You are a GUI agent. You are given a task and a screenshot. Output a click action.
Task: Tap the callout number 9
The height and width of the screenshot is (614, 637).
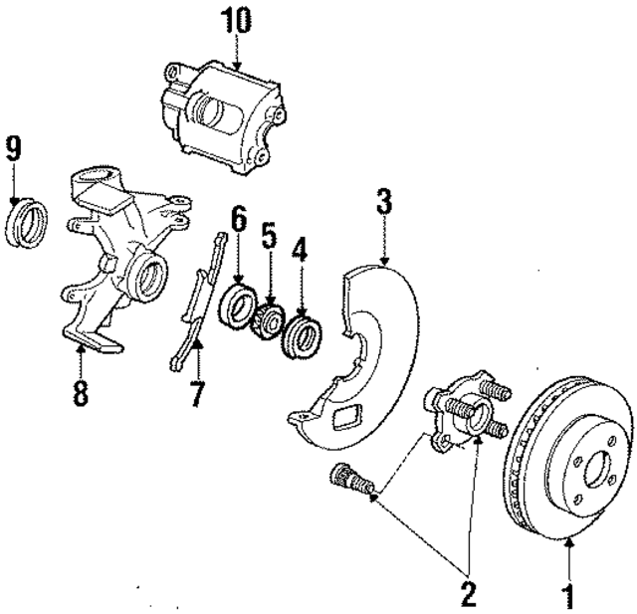point(13,148)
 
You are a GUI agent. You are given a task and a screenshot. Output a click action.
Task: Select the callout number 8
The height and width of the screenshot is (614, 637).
point(81,391)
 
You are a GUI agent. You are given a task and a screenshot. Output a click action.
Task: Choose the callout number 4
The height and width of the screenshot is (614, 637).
point(300,249)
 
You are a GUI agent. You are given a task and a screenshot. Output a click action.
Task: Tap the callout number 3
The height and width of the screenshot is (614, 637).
point(384,199)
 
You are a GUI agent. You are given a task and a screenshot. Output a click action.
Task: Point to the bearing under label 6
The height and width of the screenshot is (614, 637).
point(240,303)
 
